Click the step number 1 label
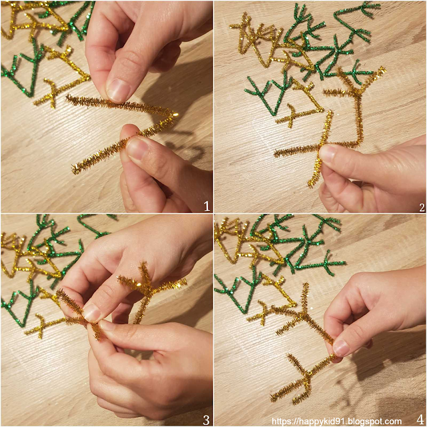pyautogui.click(x=207, y=206)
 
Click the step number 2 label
pyautogui.click(x=422, y=207)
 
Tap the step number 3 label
pyautogui.click(x=206, y=420)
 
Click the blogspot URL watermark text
pyautogui.click(x=336, y=422)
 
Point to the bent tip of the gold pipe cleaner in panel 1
pyautogui.click(x=174, y=115)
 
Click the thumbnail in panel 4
pyautogui.click(x=341, y=348)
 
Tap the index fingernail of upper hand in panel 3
pyautogui.click(x=92, y=313)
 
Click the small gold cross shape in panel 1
pyautogui.click(x=51, y=94)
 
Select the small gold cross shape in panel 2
pyautogui.click(x=291, y=115)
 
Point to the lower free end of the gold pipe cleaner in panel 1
pyautogui.click(x=75, y=169)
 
